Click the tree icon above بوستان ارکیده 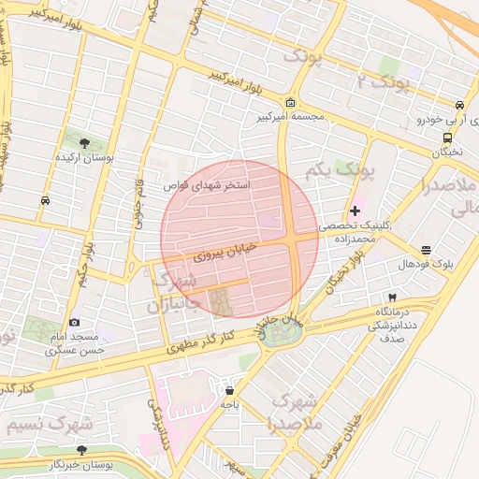(85, 143)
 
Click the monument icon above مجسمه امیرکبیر (290, 102)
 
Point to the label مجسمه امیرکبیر (290, 118)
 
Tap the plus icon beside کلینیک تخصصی (355, 210)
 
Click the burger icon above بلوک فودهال (427, 250)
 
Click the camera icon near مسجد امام (75, 322)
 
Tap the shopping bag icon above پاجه (229, 390)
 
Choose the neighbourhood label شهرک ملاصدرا (294, 412)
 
